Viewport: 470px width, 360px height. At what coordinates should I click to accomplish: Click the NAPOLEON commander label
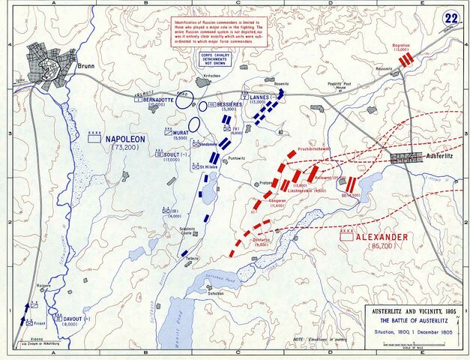click(125, 139)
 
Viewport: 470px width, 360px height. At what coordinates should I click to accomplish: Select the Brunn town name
click(88, 66)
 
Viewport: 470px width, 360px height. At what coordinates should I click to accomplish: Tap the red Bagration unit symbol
click(406, 60)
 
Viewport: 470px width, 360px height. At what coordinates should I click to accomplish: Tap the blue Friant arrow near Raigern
click(31, 309)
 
